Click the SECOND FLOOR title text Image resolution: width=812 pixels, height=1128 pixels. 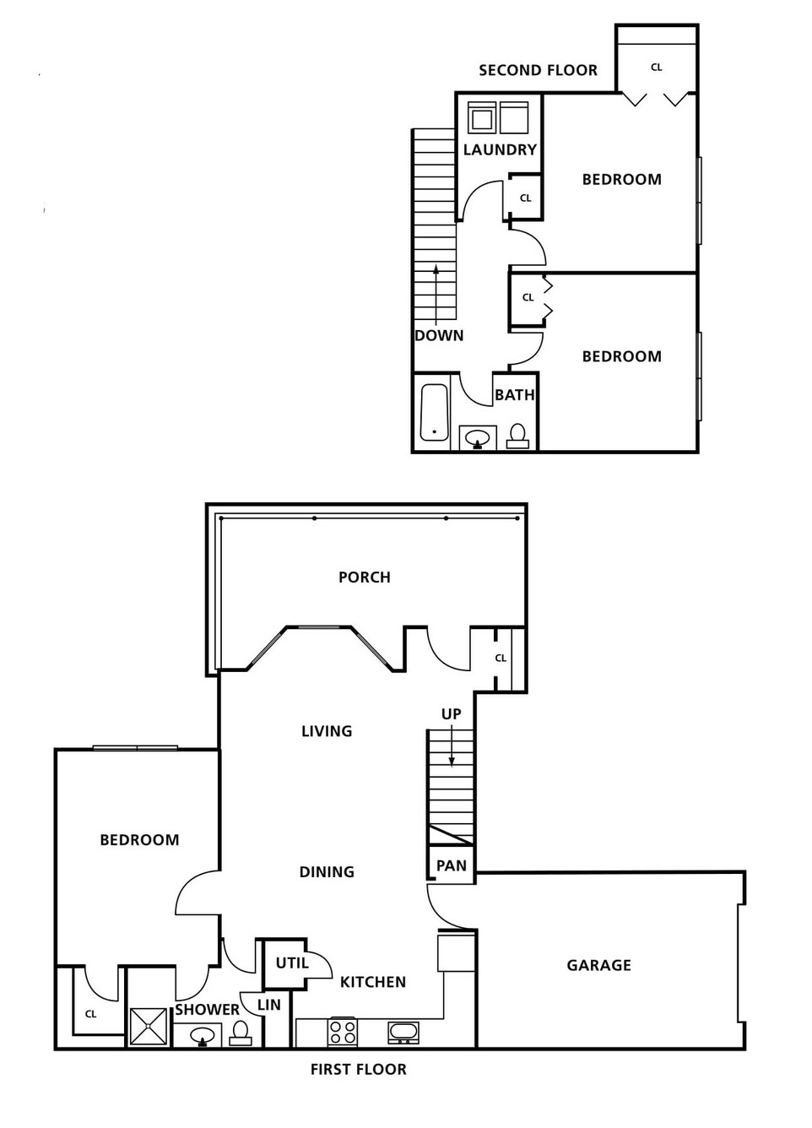coord(538,70)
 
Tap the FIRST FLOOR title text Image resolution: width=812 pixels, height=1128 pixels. coord(359,1069)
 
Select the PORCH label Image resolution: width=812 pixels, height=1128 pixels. coord(365,578)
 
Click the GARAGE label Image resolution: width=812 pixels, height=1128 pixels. coord(598,965)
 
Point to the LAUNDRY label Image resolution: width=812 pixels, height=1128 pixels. coord(500,149)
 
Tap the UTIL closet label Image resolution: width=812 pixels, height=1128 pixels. coord(292,963)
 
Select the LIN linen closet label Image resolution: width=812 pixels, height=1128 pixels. coord(268,1005)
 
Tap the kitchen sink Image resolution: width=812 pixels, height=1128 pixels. coord(403,1032)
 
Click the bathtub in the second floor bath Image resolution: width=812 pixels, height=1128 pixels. coord(434,412)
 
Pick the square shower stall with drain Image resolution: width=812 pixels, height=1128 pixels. coord(148,1027)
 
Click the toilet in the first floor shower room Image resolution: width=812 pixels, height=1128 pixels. coord(241,1033)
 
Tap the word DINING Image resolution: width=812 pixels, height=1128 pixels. coord(327,871)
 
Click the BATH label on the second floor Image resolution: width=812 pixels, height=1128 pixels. coord(515,395)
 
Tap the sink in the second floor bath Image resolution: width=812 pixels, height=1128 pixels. coord(478,438)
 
